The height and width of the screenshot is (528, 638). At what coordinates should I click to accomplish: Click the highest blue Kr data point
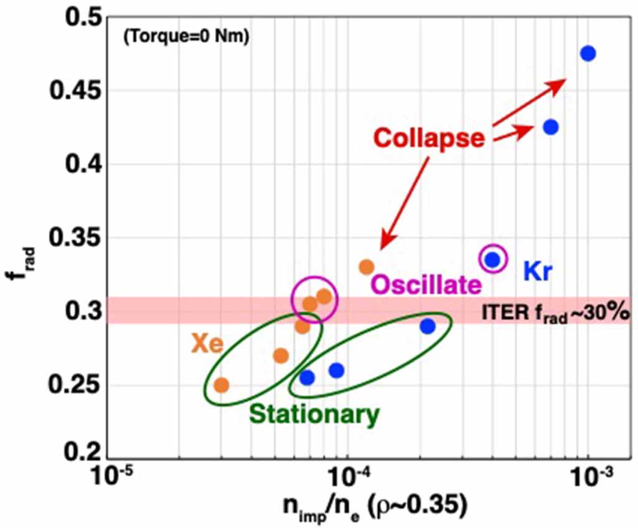[x=588, y=54]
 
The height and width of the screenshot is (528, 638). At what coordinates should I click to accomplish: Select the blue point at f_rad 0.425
[x=550, y=127]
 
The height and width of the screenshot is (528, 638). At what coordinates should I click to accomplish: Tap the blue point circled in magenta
[x=493, y=259]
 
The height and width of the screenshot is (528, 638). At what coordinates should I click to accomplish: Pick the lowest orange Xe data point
[x=221, y=385]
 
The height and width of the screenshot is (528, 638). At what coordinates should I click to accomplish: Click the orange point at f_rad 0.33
[x=367, y=267]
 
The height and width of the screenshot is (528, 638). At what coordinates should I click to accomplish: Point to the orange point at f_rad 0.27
[x=281, y=356]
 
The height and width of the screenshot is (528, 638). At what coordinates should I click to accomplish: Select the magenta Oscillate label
[x=427, y=286]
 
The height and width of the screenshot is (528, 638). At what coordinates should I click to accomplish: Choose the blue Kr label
[x=538, y=272]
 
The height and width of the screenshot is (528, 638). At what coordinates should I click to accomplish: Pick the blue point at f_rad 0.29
[x=428, y=326]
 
